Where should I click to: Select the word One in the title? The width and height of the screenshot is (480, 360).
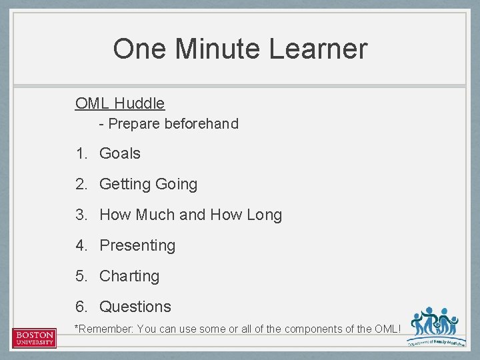[137, 49]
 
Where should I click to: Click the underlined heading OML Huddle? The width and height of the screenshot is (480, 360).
[120, 103]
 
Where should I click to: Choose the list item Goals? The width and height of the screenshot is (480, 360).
[120, 153]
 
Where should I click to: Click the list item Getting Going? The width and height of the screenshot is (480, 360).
[148, 184]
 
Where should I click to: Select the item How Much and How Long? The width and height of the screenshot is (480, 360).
[191, 215]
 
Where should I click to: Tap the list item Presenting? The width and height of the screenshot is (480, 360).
[137, 245]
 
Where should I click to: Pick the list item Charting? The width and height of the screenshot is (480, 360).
[129, 276]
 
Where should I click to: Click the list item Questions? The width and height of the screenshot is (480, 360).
[135, 307]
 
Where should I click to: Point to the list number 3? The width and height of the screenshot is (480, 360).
[81, 215]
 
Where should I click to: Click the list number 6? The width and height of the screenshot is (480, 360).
[81, 307]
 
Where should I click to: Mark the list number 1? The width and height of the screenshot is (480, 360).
[81, 153]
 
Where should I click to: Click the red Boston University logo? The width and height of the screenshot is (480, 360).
[35, 337]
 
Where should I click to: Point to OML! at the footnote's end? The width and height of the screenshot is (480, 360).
[387, 329]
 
